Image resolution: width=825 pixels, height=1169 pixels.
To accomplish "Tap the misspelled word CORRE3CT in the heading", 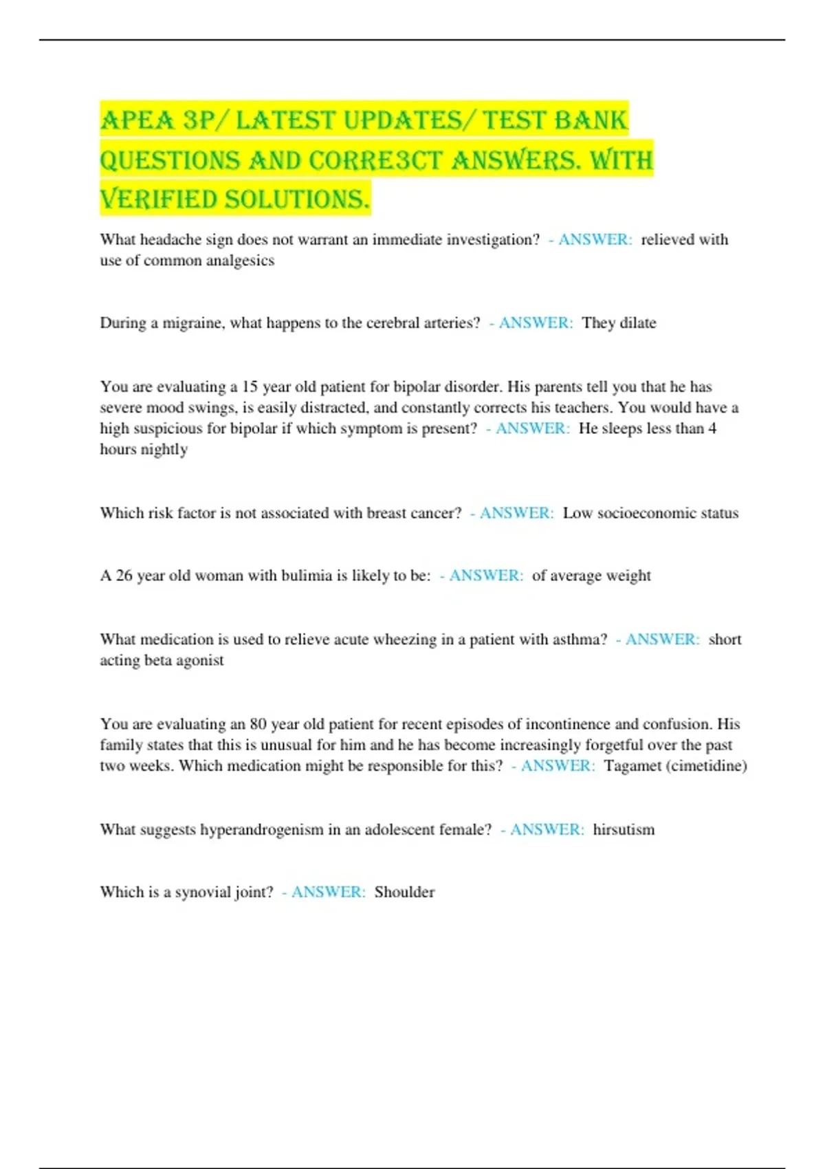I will [x=375, y=161].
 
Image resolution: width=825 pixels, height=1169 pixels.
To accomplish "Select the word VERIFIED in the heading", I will [x=158, y=200].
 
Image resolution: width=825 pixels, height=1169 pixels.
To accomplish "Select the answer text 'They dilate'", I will [x=619, y=323].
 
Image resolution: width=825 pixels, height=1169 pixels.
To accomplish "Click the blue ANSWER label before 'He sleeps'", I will [x=532, y=428].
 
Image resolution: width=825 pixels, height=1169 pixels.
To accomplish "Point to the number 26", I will [x=124, y=576].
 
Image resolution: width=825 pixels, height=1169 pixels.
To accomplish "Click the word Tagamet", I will [x=632, y=766].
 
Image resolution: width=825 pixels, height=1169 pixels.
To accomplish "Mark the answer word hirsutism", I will [x=624, y=830].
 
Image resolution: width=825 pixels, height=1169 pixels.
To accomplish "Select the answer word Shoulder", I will [x=404, y=893].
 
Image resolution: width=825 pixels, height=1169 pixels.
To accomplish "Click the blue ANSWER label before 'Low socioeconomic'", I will [x=516, y=513].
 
